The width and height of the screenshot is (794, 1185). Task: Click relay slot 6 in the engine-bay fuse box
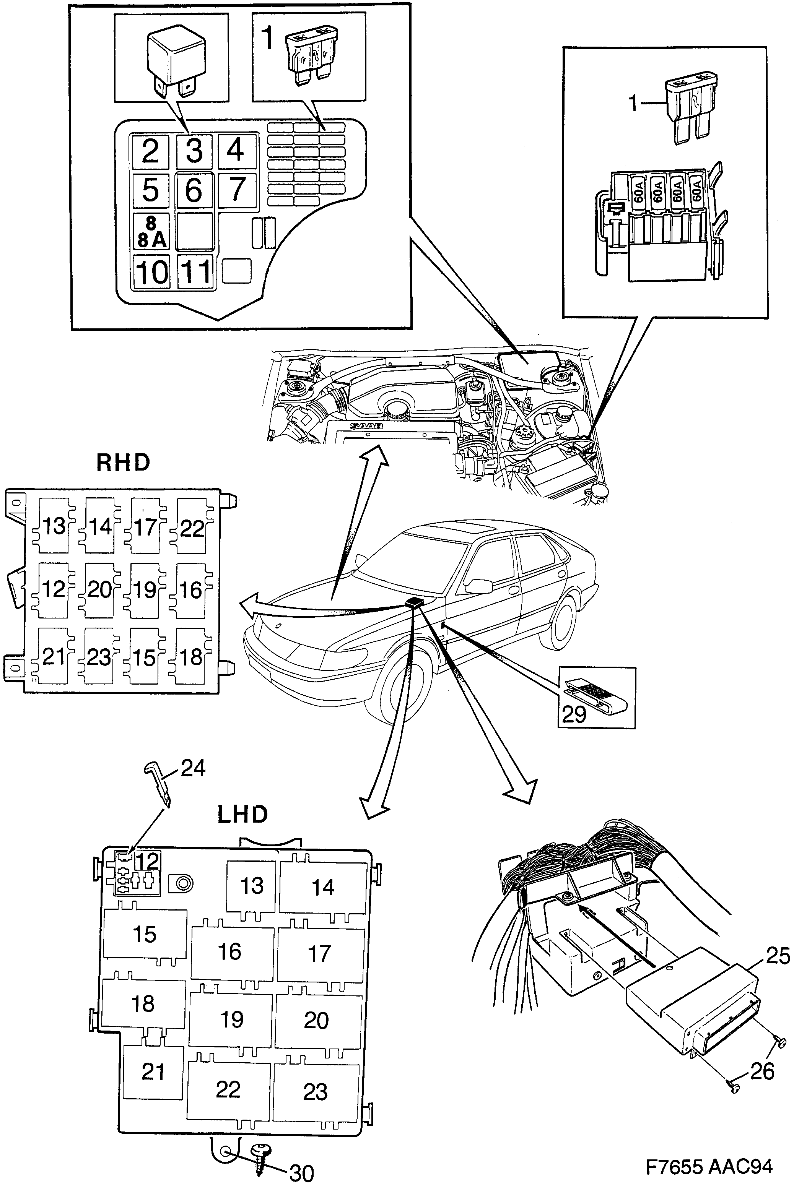(x=194, y=190)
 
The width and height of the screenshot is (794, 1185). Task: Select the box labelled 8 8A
(x=151, y=232)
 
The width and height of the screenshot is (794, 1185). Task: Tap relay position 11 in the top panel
(x=195, y=272)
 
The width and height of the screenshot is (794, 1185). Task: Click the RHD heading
(x=123, y=463)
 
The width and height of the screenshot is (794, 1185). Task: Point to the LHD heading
(x=242, y=815)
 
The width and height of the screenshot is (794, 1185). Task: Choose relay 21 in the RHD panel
(x=54, y=657)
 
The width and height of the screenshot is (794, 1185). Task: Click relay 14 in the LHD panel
(x=323, y=887)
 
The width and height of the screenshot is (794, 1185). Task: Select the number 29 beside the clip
(x=574, y=714)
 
